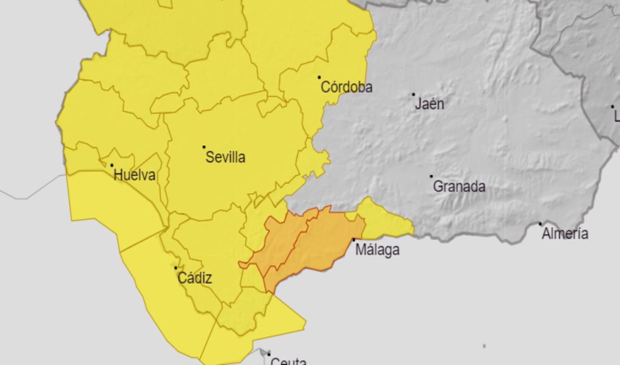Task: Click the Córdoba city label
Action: coord(347,87)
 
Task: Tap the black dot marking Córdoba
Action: coord(319,77)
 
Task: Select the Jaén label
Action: coord(429,104)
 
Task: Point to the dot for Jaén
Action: coord(413,95)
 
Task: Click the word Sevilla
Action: coord(225,158)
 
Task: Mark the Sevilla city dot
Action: coord(204,147)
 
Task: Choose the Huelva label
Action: coord(135,176)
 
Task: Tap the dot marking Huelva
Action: coord(111,165)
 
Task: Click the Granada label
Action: coord(459,186)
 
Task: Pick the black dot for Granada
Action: coord(431,177)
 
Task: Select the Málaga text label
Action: coord(377,250)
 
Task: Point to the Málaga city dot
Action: coord(353,240)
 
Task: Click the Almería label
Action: coord(565,234)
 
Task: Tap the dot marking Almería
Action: coord(540,224)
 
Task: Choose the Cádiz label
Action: coord(195,278)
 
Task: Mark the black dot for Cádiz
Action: coord(176,268)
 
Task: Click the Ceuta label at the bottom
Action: coord(288,361)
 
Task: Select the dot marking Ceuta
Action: coord(269,353)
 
